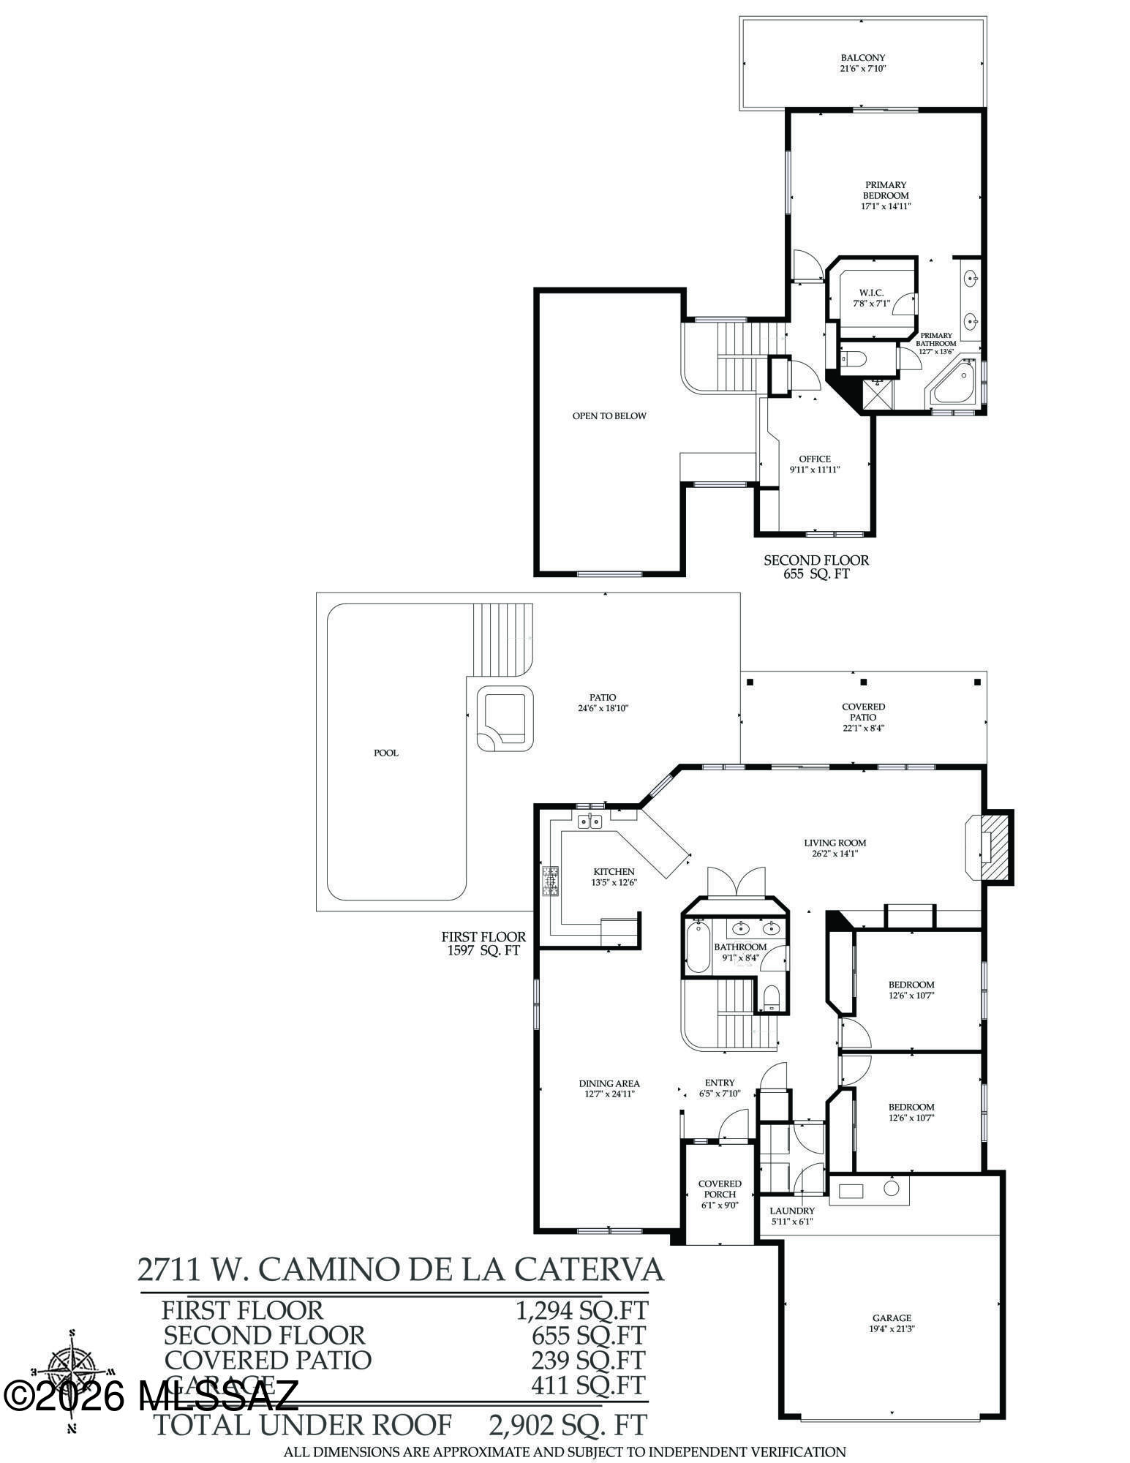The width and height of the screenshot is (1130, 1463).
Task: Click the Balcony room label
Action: point(863,58)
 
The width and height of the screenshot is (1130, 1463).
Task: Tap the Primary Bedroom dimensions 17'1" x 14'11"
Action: point(886,206)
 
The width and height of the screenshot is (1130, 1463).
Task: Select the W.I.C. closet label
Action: point(871,293)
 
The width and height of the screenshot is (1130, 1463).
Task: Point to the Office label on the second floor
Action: point(814,459)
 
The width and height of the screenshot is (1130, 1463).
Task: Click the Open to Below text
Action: point(609,415)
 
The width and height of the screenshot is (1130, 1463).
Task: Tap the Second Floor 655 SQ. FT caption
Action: point(816,567)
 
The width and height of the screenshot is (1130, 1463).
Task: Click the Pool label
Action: point(386,753)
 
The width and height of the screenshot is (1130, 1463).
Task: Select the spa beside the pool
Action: point(505,718)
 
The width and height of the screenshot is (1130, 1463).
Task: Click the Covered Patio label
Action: point(863,712)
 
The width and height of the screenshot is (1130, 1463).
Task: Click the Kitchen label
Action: point(614,871)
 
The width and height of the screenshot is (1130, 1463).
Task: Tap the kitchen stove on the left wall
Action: point(549,881)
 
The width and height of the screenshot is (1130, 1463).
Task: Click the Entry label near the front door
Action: point(720,1083)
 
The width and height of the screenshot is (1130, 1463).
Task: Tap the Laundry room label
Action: point(791,1211)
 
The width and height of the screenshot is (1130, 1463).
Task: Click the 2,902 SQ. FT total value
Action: point(567,1424)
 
